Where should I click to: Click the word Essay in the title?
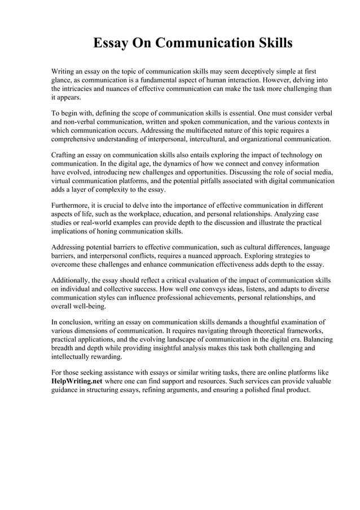(111, 43)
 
